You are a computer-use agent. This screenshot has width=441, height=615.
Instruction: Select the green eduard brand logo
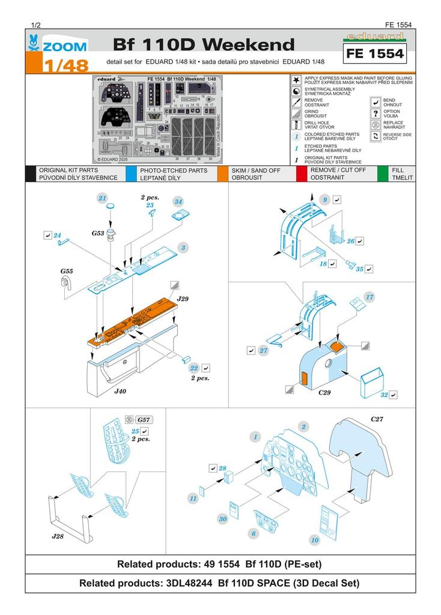pos(377,37)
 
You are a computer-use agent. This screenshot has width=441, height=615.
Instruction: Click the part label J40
pos(121,390)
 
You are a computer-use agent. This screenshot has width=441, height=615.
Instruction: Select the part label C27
pos(378,419)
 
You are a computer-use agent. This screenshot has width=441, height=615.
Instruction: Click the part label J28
pos(58,535)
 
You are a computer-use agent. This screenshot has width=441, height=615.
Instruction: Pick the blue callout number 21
pos(102,198)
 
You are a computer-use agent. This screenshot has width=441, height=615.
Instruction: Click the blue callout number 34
pos(178,201)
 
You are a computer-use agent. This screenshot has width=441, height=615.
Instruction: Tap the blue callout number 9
pos(324,199)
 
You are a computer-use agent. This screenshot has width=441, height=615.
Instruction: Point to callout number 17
pos(370,297)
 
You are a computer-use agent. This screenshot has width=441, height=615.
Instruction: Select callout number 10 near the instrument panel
pos(314,540)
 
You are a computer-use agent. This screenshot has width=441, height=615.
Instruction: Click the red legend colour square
pos(302,174)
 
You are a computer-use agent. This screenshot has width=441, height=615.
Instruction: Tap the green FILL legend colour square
pos(382,174)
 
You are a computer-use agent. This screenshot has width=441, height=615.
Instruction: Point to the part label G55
pos(67,271)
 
